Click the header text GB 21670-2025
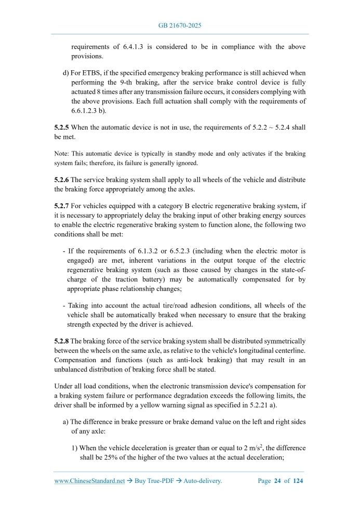pyautogui.click(x=180, y=25)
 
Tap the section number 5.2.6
pyautogui.click(x=61, y=180)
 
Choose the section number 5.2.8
pyautogui.click(x=61, y=340)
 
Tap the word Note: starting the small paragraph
pyautogui.click(x=61, y=154)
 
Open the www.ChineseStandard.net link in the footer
pyautogui.click(x=89, y=481)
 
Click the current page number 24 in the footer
pyautogui.click(x=278, y=481)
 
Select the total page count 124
pyautogui.click(x=298, y=481)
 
